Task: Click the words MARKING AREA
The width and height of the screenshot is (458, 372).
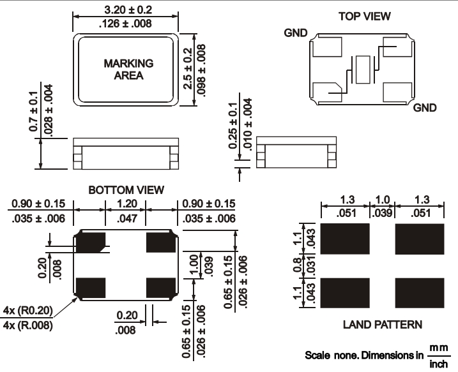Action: click(x=128, y=69)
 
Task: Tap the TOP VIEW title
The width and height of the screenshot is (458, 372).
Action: click(x=364, y=16)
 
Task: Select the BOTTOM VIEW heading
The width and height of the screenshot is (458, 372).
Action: click(x=126, y=190)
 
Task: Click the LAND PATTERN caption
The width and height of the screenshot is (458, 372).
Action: click(x=382, y=324)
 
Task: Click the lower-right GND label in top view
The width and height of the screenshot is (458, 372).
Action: click(x=424, y=108)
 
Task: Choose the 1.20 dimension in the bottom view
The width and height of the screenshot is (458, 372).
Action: click(x=125, y=204)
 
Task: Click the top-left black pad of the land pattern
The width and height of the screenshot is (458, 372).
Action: click(x=346, y=239)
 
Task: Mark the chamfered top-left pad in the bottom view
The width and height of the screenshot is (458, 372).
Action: click(x=91, y=242)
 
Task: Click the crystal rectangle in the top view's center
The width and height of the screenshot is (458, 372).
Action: click(x=363, y=69)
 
